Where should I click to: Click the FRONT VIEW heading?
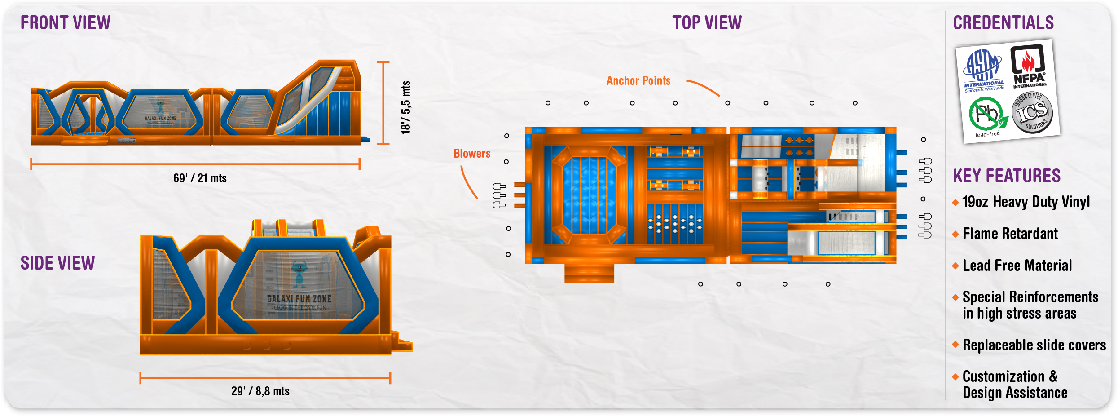66,23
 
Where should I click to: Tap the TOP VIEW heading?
707,23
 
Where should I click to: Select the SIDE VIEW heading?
58,263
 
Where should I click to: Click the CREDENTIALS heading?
1003,23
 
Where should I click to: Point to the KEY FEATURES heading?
1007,176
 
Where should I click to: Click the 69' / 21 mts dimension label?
200,178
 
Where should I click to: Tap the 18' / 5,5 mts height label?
405,107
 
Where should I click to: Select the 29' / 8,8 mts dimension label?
260,391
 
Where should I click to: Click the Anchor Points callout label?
638,81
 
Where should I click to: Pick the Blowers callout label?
471,154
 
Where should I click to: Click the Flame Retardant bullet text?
1010,234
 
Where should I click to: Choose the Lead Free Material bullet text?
1017,266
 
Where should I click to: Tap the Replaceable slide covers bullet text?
1034,345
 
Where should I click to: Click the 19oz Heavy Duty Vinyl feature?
1026,202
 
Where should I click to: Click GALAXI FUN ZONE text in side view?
299,299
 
